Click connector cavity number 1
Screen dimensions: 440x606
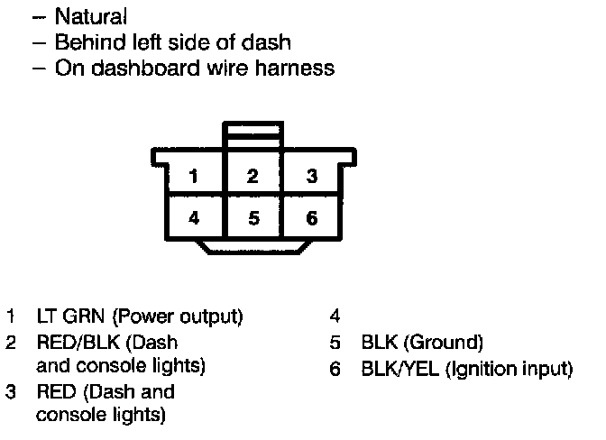[194, 177]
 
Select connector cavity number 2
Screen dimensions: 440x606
[253, 177]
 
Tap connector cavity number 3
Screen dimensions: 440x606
[312, 177]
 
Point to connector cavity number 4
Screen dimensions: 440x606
[194, 217]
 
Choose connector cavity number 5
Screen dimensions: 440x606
[253, 217]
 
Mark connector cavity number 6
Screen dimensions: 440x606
[312, 217]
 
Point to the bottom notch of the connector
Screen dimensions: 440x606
[253, 246]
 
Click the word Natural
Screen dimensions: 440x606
[91, 16]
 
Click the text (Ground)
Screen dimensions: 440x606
[447, 343]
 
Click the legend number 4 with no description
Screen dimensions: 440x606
[335, 317]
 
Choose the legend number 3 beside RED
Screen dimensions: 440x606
[10, 393]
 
